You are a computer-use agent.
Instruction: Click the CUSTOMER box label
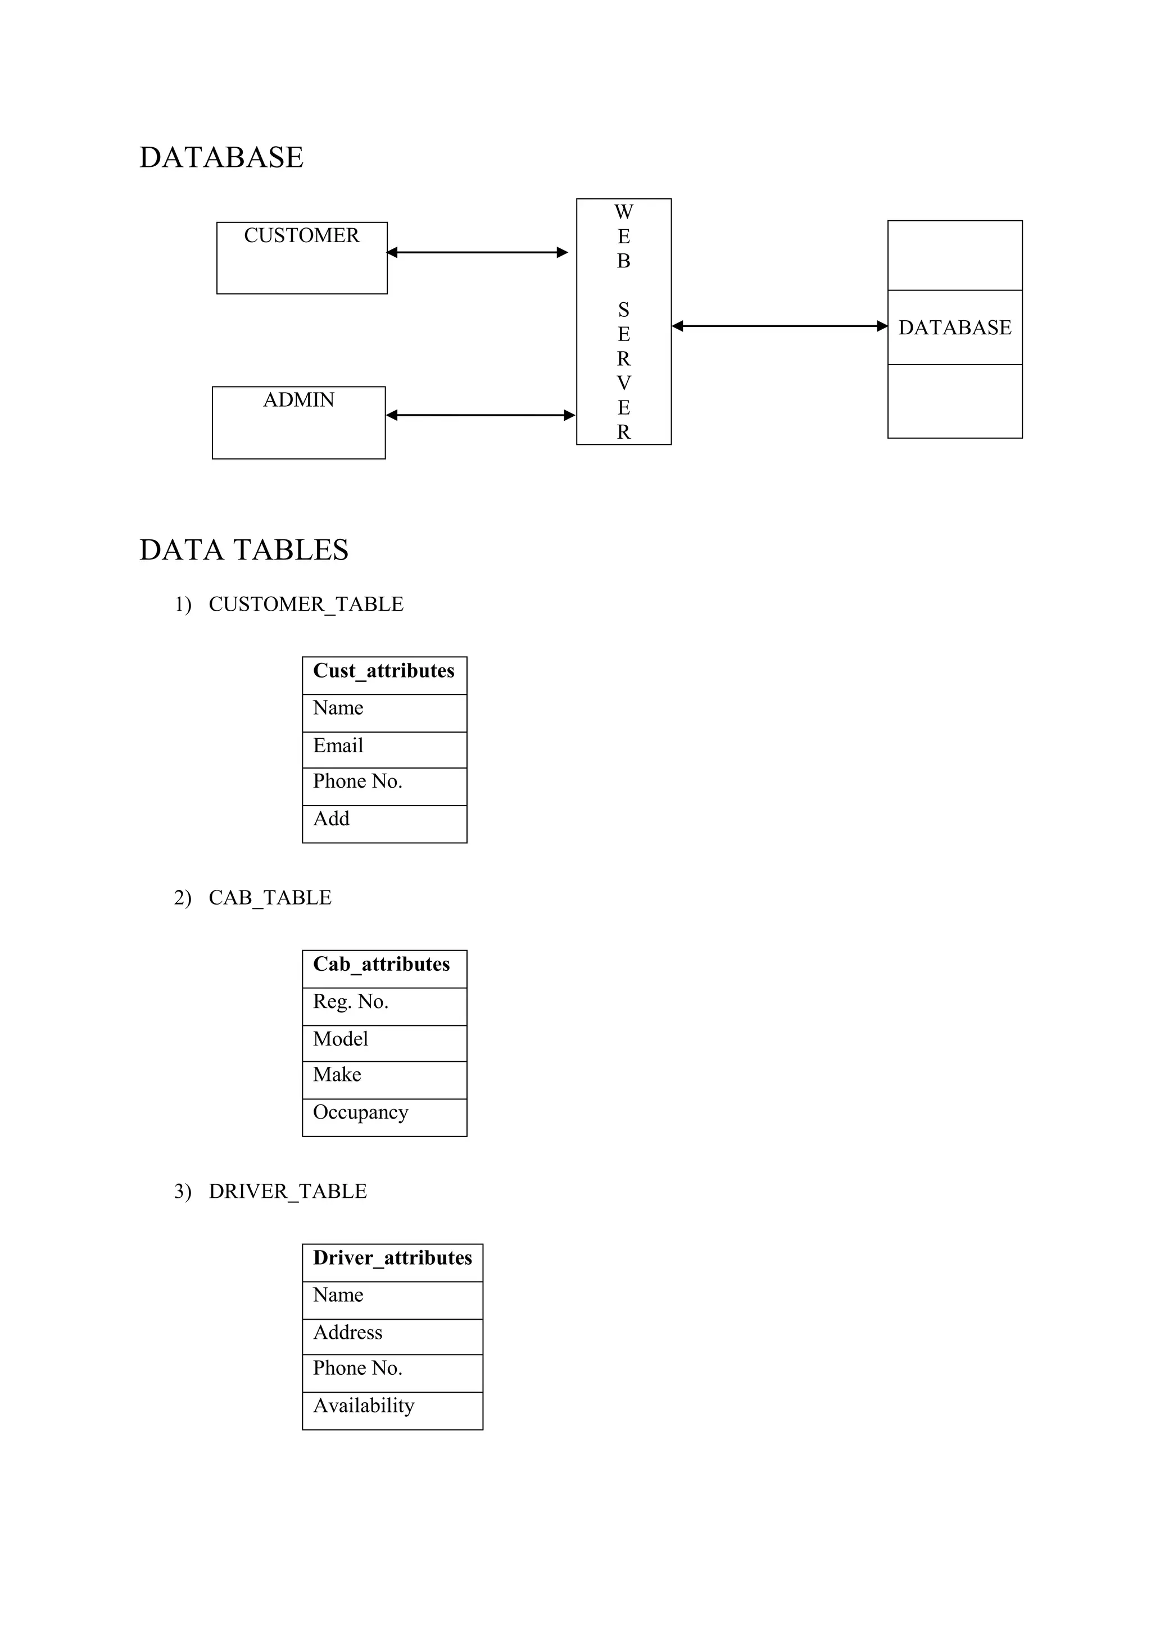tap(301, 235)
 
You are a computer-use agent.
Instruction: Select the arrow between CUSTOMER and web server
tap(478, 252)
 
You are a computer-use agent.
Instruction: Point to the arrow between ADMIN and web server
tap(481, 415)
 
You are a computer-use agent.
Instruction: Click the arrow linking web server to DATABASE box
tap(779, 326)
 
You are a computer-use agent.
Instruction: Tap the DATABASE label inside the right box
tap(955, 328)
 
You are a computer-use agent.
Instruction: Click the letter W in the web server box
tap(624, 212)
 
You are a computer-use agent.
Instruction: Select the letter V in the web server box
tap(624, 383)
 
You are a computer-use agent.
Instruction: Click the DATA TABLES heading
tap(244, 550)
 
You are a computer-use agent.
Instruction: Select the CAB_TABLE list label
tap(270, 898)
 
